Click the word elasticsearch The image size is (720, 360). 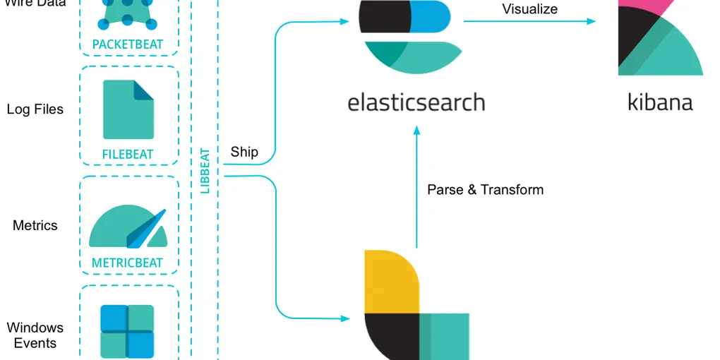coord(416,102)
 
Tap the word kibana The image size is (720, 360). coord(660,102)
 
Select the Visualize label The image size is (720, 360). coord(529,9)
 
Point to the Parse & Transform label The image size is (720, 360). coord(485,190)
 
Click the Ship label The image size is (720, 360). coord(244,152)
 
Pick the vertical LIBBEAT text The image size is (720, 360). coord(205,170)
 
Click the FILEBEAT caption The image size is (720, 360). coord(128,154)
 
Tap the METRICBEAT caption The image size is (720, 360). coord(127,263)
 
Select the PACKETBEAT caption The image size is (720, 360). coord(128,44)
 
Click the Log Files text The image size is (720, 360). coord(35,109)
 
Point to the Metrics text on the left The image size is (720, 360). coord(35,226)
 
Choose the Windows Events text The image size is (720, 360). coord(35,335)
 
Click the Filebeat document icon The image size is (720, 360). coord(128,109)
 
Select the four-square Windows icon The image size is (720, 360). coord(127,331)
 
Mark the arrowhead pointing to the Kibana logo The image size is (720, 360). coord(592,21)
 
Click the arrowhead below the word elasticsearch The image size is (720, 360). coord(416,131)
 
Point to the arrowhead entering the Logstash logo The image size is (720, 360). coord(345,318)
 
